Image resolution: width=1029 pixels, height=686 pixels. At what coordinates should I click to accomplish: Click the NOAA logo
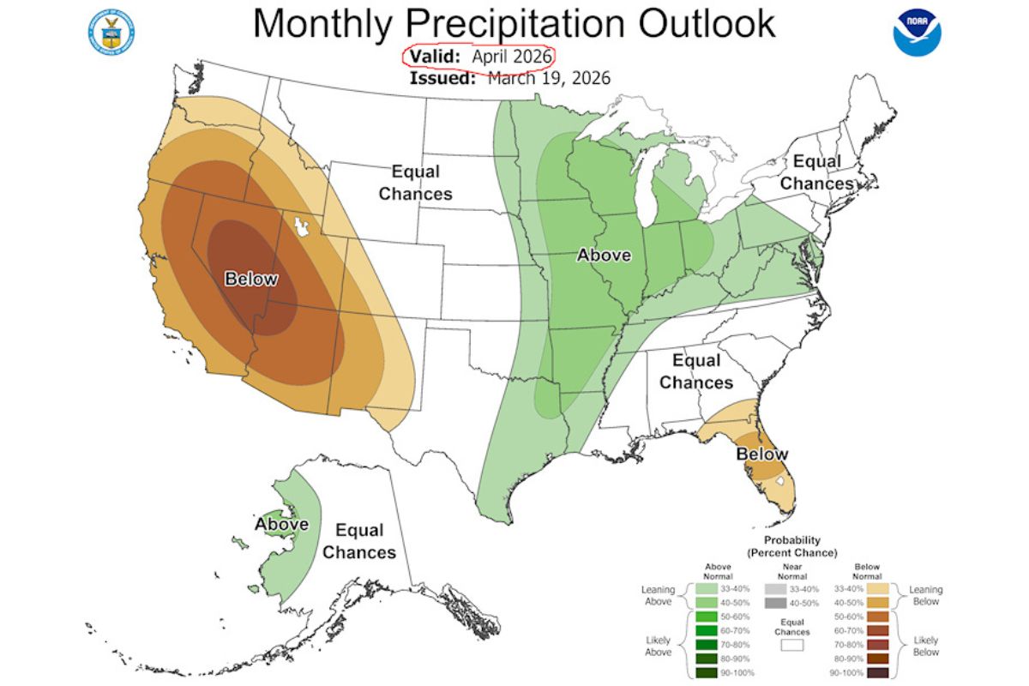[918, 33]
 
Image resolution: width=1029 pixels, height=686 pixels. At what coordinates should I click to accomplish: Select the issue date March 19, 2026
[549, 78]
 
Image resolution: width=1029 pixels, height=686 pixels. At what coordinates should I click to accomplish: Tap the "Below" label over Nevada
[251, 279]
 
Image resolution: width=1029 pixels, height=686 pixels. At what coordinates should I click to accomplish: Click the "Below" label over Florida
[761, 454]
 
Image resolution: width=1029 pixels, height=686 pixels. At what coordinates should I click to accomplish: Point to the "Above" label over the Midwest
[604, 255]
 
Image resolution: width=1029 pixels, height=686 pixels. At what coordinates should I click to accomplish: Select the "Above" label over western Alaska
[281, 524]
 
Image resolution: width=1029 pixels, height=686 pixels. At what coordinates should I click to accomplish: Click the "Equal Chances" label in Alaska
[359, 541]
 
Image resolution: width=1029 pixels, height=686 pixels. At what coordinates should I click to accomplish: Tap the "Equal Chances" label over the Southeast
[696, 371]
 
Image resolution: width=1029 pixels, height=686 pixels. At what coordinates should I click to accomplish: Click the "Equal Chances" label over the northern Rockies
[416, 182]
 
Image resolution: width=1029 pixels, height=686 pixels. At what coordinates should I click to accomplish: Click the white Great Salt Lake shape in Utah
[301, 227]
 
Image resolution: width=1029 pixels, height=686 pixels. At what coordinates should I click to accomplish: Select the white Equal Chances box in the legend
[791, 645]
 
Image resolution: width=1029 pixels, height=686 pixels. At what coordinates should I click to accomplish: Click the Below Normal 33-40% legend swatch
[877, 589]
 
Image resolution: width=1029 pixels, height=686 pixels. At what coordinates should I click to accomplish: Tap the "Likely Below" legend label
[925, 647]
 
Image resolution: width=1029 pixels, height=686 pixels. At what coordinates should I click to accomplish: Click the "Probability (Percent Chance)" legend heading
[791, 546]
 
